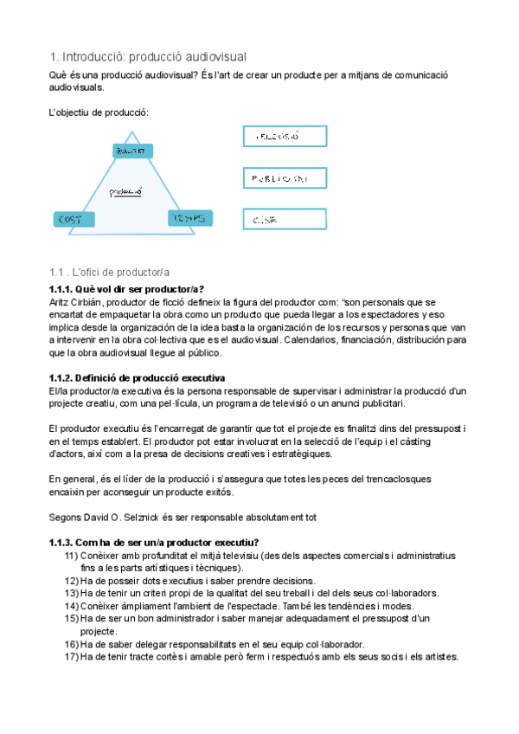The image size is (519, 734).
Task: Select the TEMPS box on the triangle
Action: pyautogui.click(x=189, y=218)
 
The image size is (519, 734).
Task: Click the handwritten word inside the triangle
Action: pyautogui.click(x=125, y=191)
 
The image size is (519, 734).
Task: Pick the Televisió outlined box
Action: pyautogui.click(x=284, y=137)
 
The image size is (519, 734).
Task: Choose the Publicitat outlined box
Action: pyautogui.click(x=284, y=178)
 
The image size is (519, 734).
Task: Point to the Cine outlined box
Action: pyautogui.click(x=284, y=220)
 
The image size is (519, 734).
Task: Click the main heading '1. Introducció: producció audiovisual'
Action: pyautogui.click(x=148, y=56)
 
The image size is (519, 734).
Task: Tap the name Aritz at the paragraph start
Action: pyautogui.click(x=61, y=301)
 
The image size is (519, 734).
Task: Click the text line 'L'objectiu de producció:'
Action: pyautogui.click(x=99, y=113)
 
